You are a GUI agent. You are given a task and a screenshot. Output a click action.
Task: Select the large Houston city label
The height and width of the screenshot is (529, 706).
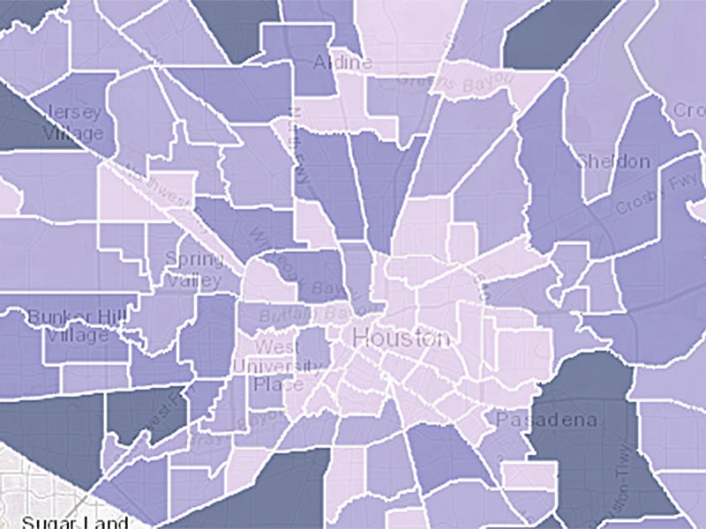[x=401, y=338]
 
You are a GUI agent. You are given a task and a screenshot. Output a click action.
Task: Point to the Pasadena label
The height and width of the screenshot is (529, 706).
[x=545, y=421]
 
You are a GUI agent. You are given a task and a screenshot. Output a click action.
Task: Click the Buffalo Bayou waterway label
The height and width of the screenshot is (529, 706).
[x=300, y=314]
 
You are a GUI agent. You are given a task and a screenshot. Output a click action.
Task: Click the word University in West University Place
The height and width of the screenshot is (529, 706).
[x=278, y=366]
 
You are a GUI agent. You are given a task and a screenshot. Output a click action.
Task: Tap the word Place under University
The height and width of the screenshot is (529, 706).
[x=278, y=385]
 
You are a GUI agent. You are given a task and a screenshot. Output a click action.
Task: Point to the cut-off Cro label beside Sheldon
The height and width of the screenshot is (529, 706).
[x=689, y=111]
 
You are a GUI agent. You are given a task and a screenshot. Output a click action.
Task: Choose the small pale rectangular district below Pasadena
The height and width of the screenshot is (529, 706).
[x=529, y=477]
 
